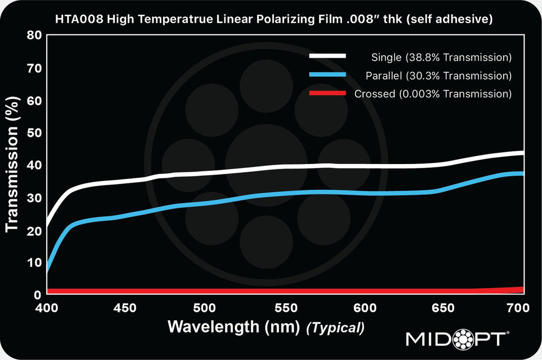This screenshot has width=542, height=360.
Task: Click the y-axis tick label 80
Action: pos(33,37)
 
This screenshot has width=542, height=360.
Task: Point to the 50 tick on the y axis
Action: pos(33,133)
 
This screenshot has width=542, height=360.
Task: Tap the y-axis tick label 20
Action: pos(33,230)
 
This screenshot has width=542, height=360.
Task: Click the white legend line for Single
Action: pos(328,56)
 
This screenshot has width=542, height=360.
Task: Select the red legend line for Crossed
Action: pos(328,94)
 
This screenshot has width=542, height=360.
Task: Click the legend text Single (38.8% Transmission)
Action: pos(441,57)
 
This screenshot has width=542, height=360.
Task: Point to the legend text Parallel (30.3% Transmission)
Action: pos(438,76)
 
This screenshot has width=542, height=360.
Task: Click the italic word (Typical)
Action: pos(336,328)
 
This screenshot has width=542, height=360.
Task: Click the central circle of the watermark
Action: pos(266,165)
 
